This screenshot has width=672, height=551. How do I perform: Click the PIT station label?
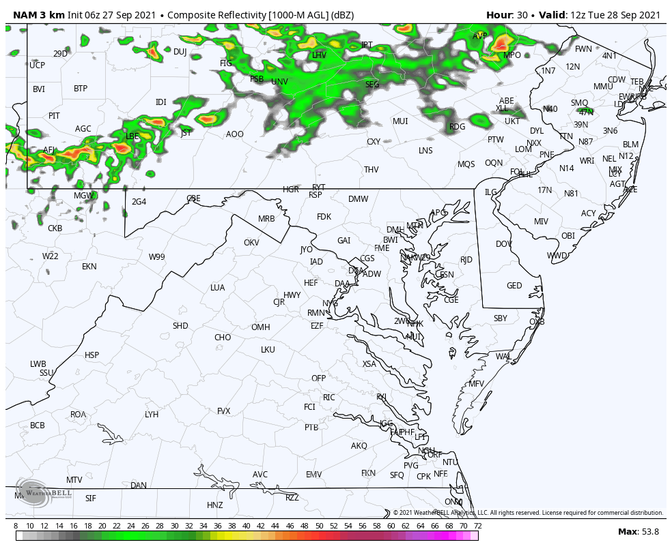click(x=54, y=116)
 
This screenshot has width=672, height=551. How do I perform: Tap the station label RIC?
click(x=329, y=398)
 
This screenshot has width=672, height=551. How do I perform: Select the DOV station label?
click(x=504, y=244)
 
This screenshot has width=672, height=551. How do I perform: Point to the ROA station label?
click(x=79, y=415)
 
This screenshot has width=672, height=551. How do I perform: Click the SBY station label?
click(x=501, y=318)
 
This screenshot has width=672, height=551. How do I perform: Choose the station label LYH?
click(x=152, y=415)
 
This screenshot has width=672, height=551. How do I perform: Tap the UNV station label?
click(x=279, y=82)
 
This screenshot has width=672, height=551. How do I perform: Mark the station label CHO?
click(x=223, y=338)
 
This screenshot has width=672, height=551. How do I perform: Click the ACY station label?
click(x=589, y=213)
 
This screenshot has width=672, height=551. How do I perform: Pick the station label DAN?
click(x=139, y=486)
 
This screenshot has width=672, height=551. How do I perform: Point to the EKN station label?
click(x=89, y=267)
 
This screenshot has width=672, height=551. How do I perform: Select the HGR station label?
click(x=291, y=190)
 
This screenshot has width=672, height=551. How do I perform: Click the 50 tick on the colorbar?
click(x=319, y=526)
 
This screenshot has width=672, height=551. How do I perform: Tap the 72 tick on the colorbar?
click(x=477, y=526)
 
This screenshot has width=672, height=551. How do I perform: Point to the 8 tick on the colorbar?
click(x=16, y=526)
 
